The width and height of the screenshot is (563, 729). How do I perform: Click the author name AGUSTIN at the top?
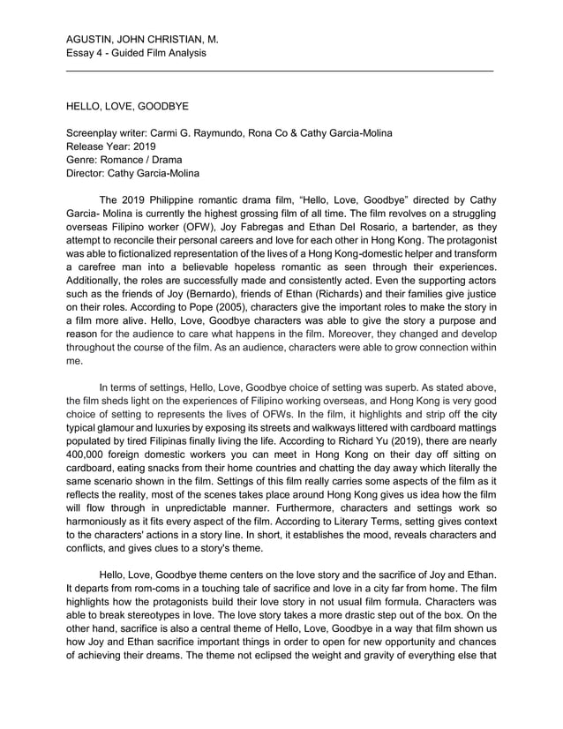[92, 39]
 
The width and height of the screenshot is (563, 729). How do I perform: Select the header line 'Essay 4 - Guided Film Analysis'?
[136, 53]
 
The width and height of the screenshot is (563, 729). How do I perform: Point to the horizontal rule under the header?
[280, 70]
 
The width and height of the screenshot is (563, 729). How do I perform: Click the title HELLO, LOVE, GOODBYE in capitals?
[127, 106]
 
